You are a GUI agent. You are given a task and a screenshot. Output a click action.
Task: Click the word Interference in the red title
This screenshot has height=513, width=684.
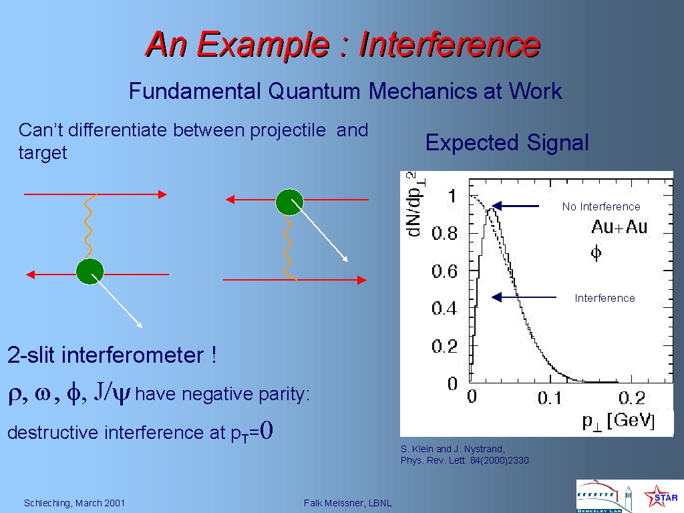pos(450,44)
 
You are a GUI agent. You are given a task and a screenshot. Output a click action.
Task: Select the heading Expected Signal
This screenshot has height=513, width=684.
pos(507,143)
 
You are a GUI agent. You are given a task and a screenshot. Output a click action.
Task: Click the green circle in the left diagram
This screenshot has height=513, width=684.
pos(90,271)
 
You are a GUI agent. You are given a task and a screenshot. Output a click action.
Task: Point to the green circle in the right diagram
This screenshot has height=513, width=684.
pos(290,202)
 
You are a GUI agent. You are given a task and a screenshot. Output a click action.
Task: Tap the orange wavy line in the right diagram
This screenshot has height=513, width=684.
pos(288,247)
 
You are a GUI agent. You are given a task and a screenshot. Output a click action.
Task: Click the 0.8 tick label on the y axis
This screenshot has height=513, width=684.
pos(444,233)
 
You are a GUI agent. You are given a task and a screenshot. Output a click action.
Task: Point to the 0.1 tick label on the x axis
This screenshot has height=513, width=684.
pos(550,398)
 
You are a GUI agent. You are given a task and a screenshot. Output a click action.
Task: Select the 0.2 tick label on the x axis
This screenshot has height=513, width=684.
pos(632,398)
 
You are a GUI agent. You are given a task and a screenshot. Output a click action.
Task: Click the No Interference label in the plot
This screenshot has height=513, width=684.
pos(601,206)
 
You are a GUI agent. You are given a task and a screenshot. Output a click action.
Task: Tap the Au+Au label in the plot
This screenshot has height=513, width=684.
pos(619,227)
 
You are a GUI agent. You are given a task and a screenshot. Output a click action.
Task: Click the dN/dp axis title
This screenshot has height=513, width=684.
pos(415,204)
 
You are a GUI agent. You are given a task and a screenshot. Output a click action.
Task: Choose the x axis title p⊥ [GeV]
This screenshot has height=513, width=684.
pos(619,421)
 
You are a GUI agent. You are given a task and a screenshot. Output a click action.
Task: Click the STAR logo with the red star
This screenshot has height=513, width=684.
pos(661,496)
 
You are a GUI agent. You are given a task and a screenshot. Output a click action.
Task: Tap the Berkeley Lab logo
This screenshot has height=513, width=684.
pos(604,496)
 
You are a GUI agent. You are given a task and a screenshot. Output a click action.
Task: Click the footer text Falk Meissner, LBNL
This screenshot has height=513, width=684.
pos(347,503)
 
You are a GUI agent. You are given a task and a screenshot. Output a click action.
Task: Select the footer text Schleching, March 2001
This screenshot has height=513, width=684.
pos(74,503)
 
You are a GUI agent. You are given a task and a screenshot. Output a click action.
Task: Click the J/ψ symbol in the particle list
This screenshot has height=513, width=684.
pos(112,392)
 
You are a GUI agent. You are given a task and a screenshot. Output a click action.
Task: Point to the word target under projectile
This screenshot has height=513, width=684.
pos(43,153)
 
